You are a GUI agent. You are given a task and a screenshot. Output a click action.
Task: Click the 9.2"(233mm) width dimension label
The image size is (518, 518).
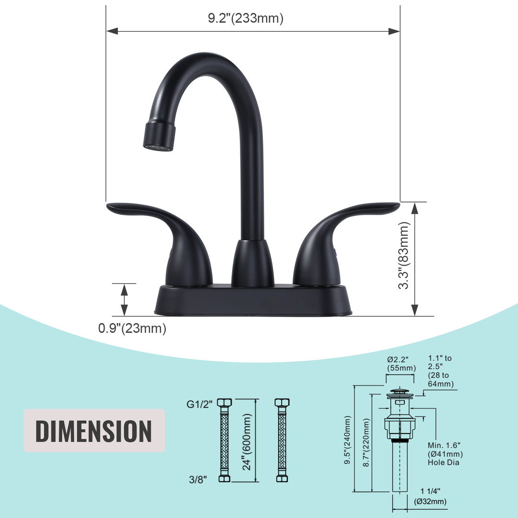click(x=246, y=18)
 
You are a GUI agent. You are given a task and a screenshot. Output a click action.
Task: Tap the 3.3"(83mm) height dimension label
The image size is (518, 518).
click(x=404, y=255)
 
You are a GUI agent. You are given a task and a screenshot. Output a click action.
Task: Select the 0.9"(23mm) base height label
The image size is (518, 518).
click(x=132, y=329)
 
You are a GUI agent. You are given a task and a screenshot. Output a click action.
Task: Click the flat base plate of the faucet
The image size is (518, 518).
click(x=253, y=300)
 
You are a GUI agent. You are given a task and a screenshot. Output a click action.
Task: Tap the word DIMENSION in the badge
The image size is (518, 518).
click(x=94, y=431)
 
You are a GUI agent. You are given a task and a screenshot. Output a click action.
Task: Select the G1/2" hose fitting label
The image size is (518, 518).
click(x=200, y=404)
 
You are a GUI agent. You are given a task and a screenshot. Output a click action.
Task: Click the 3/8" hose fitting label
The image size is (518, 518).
click(x=198, y=479)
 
